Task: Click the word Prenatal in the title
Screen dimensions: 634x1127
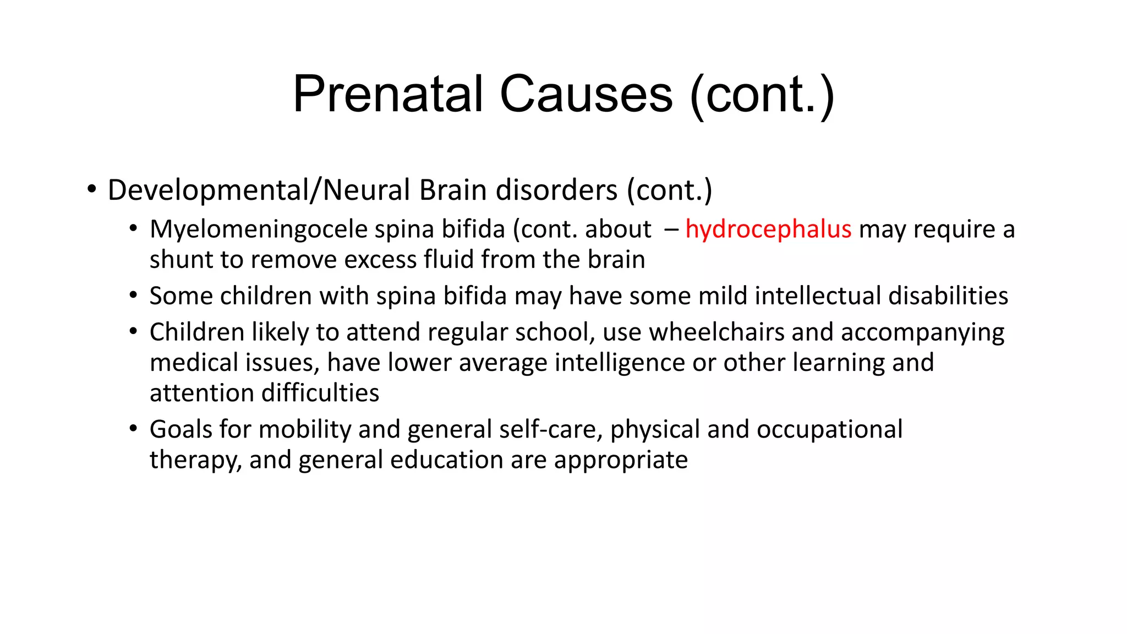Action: point(387,94)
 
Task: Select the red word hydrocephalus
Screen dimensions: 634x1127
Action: point(768,229)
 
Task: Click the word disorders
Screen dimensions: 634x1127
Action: point(556,190)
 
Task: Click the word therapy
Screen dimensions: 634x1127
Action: point(195,460)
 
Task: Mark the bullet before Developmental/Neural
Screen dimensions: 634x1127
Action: point(91,190)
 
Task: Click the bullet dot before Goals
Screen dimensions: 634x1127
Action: point(133,429)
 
